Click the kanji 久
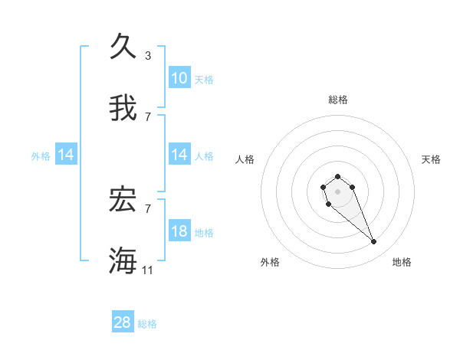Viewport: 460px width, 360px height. point(123,46)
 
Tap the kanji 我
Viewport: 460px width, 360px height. point(123,108)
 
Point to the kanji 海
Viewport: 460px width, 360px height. point(123,260)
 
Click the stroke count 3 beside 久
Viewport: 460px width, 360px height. point(148,55)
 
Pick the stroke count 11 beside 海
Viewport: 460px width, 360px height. point(148,270)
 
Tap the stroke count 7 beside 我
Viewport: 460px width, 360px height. point(148,116)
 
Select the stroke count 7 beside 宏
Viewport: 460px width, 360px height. point(148,208)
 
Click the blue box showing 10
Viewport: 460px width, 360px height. point(179,78)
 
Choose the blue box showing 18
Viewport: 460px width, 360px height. point(179,231)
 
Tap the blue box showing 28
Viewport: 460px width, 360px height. point(123,322)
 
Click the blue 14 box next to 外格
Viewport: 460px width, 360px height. point(66,155)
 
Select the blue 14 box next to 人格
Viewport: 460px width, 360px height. point(179,155)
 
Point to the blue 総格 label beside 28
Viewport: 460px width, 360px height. point(147,324)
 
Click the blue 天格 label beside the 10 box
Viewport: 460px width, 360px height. point(204,80)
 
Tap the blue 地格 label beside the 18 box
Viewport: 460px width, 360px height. point(204,233)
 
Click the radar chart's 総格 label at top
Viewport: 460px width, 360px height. point(337,100)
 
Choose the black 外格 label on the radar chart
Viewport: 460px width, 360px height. point(270,262)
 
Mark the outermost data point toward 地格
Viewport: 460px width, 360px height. point(374,242)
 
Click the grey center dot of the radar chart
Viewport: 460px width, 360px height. point(337,191)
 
